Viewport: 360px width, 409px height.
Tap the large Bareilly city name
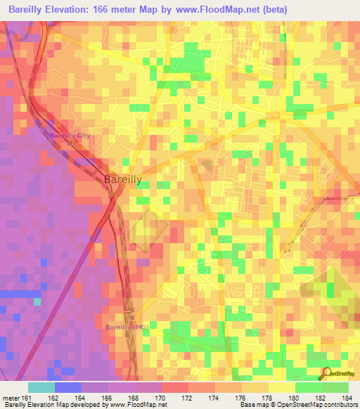tap(122, 180)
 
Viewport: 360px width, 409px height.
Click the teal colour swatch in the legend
tap(41, 387)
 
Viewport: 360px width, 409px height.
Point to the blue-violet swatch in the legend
tap(68, 387)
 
